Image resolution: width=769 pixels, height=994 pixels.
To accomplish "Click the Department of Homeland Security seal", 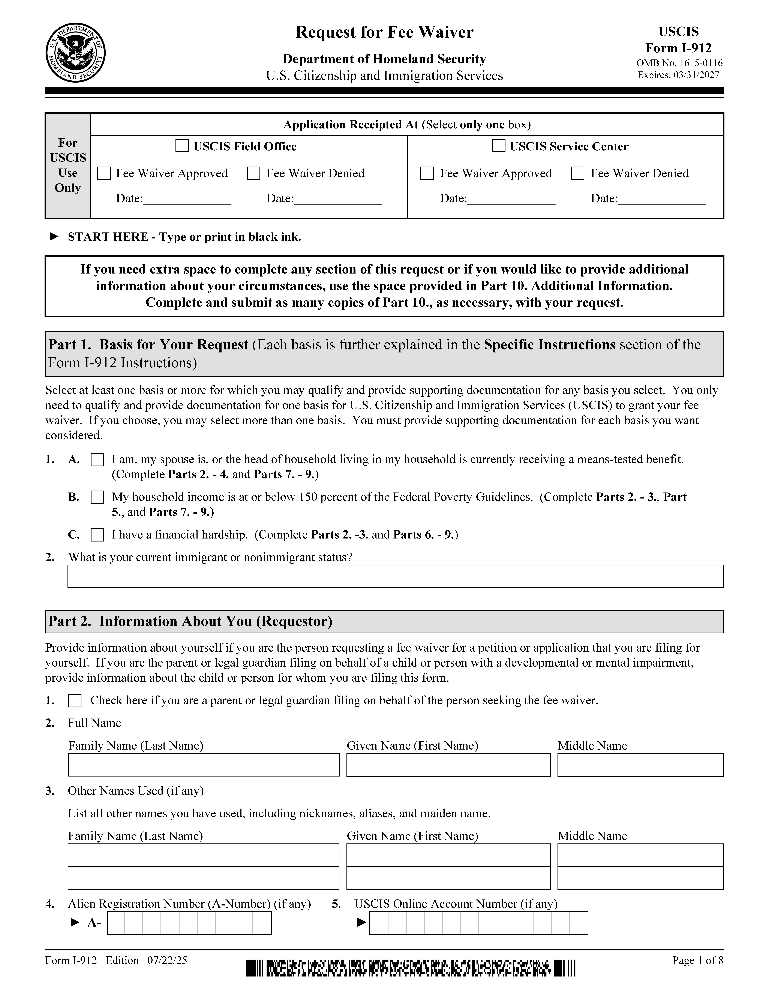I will point(76,53).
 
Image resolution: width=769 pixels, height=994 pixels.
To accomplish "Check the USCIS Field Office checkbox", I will point(182,146).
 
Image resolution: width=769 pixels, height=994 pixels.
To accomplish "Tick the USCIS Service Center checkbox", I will point(499,146).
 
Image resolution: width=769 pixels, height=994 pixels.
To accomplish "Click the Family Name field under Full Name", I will point(204,765).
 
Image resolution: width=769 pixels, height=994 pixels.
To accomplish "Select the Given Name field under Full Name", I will point(448,765).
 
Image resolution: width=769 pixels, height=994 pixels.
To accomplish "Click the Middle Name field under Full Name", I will point(641,765).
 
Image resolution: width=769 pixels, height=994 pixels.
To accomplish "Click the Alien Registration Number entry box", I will point(189,923).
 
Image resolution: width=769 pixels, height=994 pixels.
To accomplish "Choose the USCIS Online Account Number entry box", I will point(478,923).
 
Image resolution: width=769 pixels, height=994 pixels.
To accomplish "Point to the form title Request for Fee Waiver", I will point(384,32).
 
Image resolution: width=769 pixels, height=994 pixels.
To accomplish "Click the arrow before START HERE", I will point(54,237).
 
